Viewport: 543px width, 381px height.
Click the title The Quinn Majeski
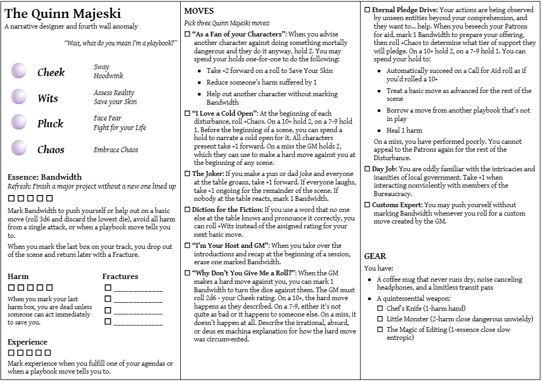click(x=63, y=14)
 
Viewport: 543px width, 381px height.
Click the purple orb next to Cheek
click(x=19, y=71)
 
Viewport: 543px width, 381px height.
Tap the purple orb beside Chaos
click(x=19, y=148)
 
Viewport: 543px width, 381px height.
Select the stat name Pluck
click(x=50, y=124)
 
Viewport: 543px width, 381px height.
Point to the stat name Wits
click(x=48, y=98)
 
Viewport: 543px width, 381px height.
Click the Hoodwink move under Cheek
click(x=108, y=76)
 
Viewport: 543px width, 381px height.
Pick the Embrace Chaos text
click(x=116, y=150)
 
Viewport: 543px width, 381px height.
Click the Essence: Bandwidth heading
click(x=45, y=177)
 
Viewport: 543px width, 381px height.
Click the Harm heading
click(x=18, y=276)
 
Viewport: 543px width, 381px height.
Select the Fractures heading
click(x=120, y=276)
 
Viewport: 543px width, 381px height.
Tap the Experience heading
click(x=27, y=342)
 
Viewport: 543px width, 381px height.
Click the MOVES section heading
click(x=199, y=11)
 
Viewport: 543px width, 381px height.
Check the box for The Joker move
click(x=187, y=174)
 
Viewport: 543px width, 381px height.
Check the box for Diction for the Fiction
click(x=187, y=210)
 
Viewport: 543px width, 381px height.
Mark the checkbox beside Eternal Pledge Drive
click(x=367, y=10)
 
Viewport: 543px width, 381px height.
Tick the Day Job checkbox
click(x=367, y=169)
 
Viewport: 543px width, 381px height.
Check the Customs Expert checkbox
click(x=367, y=205)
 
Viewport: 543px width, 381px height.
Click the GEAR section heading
click(x=375, y=256)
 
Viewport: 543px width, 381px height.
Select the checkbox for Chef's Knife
click(x=380, y=308)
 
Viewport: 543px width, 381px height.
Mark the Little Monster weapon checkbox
click(x=380, y=319)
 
